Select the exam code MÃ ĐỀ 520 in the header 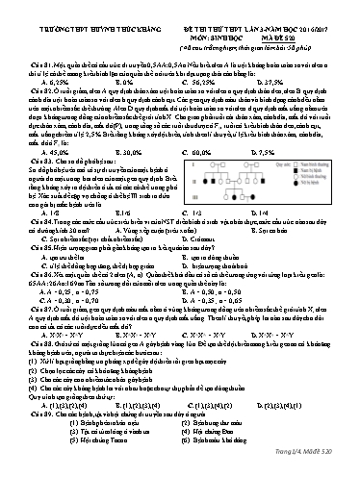[295, 30]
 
